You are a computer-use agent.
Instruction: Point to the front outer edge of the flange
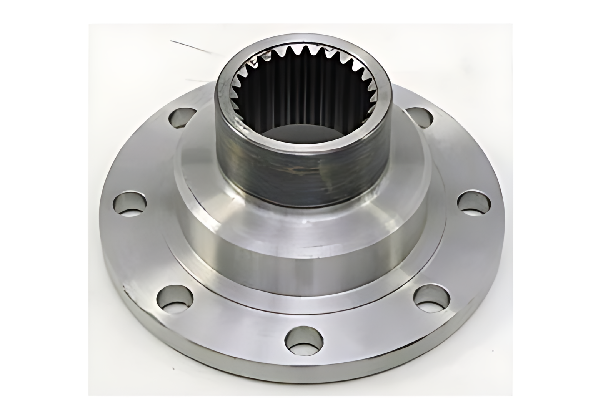tap(304, 378)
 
